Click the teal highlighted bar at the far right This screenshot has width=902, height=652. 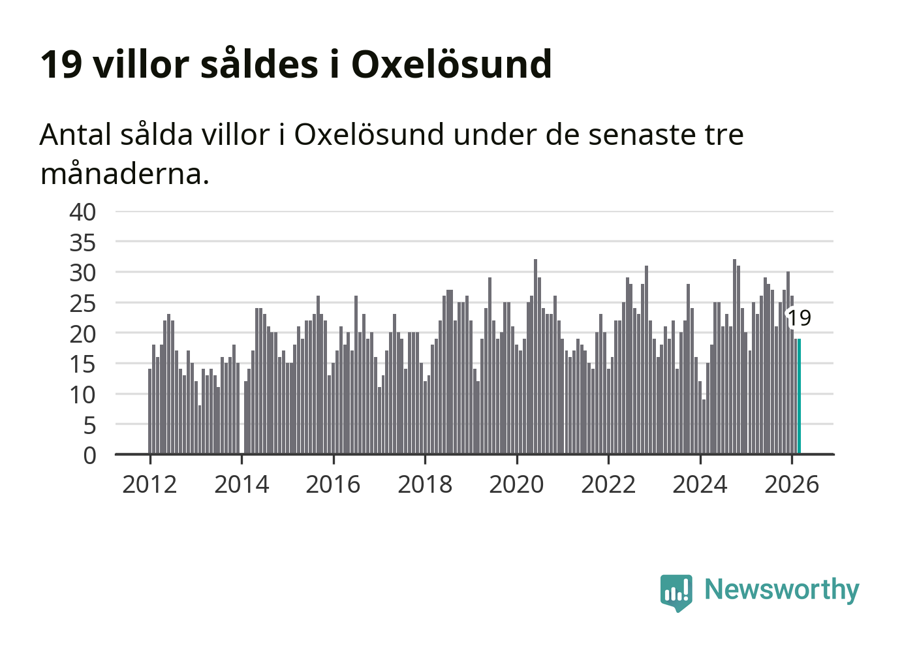pos(799,396)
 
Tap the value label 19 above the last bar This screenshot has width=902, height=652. pos(799,318)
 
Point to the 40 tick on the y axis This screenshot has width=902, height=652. pos(83,212)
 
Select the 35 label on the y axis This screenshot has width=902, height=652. pos(83,243)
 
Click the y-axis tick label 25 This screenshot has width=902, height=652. pos(83,303)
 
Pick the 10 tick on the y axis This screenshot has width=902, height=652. pos(83,394)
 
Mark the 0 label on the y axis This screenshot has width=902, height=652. pos(89,456)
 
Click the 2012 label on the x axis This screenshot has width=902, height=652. pos(149,485)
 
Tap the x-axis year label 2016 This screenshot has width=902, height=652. pos(333,485)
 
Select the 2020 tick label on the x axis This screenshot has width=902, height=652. pos(516,485)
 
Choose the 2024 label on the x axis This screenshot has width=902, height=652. pos(700,485)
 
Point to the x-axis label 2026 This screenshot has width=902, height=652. pos(792,485)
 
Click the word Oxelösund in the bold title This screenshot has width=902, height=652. pos(452,64)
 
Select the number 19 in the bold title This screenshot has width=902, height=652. pos(61,64)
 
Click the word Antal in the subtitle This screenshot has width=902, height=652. pos(76,135)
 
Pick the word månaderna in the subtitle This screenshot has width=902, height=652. pos(124,174)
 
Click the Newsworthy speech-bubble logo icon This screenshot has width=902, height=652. pos(676,592)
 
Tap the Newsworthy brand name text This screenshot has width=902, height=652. pos(781,589)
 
